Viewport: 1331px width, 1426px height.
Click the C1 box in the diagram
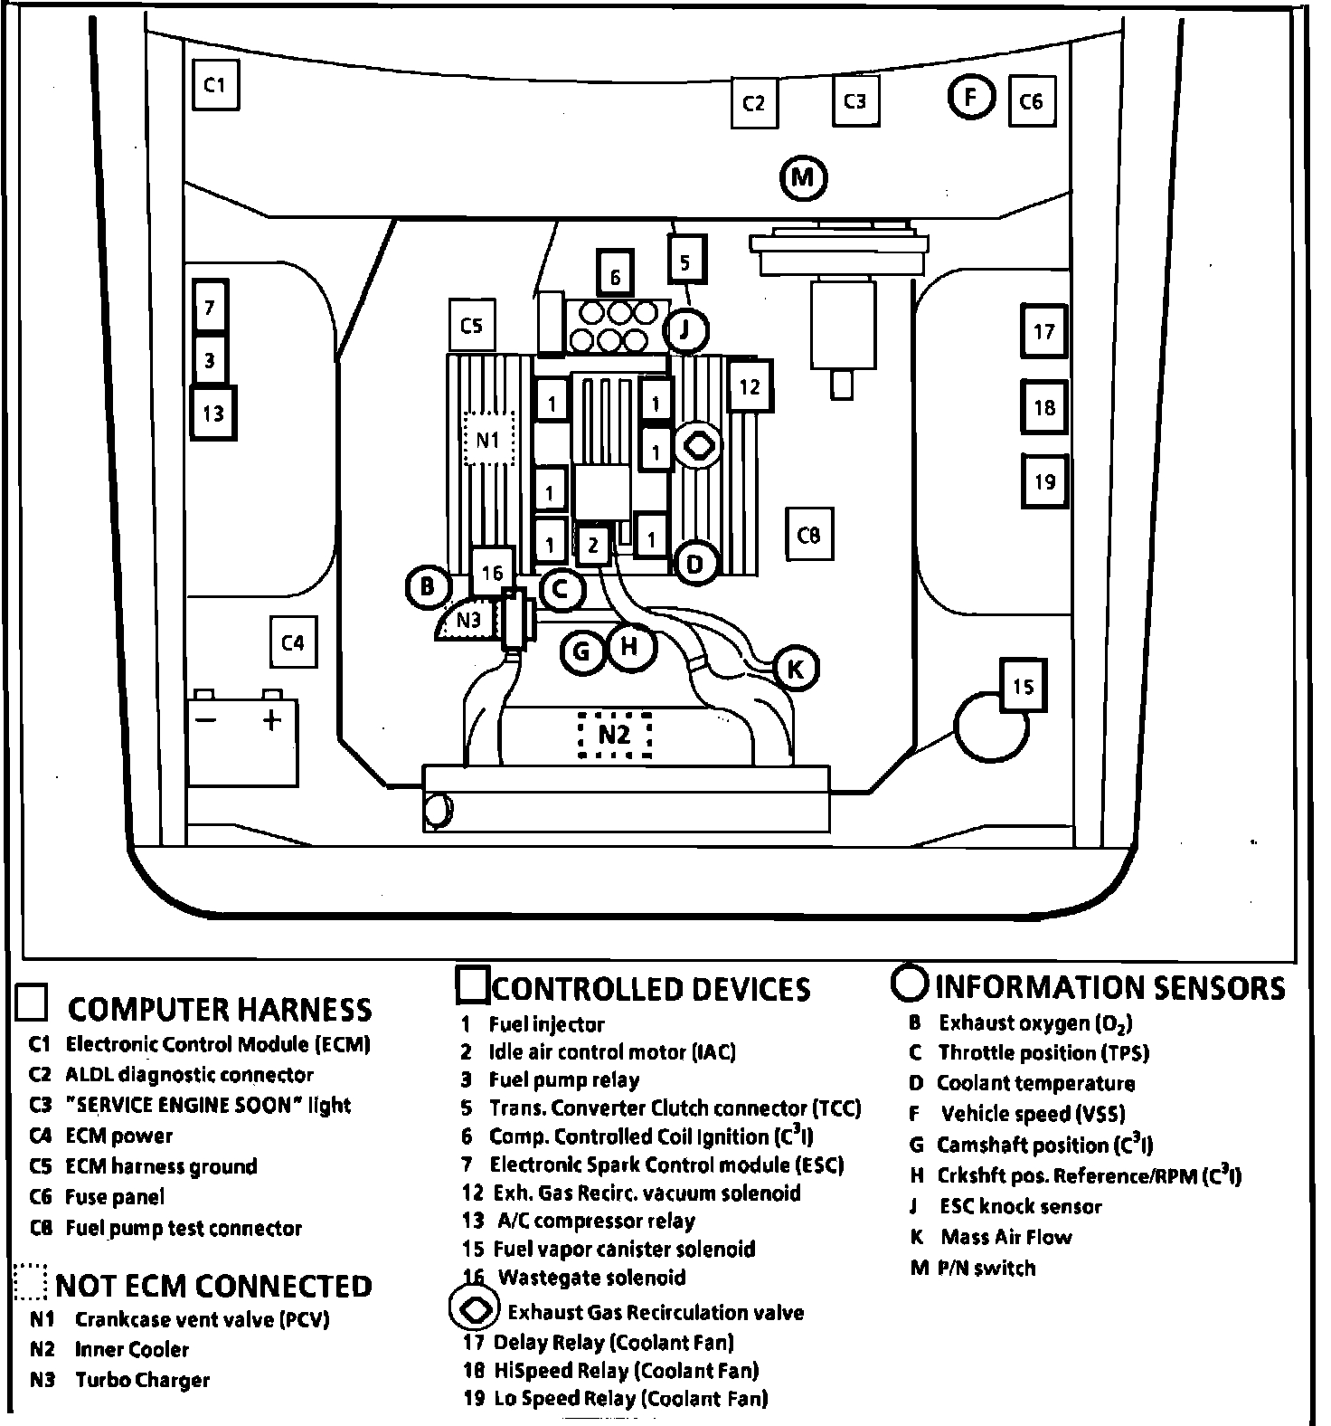pyautogui.click(x=215, y=85)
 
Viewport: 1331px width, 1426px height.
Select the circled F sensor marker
pyautogui.click(x=971, y=96)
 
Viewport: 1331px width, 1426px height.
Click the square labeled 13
pyautogui.click(x=213, y=414)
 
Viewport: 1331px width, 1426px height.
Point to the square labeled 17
pyautogui.click(x=1044, y=331)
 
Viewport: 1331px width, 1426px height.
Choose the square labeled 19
pyautogui.click(x=1044, y=480)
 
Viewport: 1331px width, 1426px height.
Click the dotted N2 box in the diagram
pyautogui.click(x=614, y=734)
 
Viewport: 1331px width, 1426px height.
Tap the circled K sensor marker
pyautogui.click(x=796, y=669)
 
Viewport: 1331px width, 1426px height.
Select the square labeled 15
pyautogui.click(x=1023, y=686)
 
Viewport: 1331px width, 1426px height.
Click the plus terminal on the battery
pyautogui.click(x=272, y=720)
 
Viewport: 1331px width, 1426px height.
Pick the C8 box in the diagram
pyautogui.click(x=809, y=535)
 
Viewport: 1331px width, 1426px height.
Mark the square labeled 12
pyautogui.click(x=750, y=387)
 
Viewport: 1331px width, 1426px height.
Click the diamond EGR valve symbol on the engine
pyautogui.click(x=699, y=445)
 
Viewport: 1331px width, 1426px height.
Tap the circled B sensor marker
pyautogui.click(x=427, y=587)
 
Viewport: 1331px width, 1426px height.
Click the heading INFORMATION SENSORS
pyautogui.click(x=1109, y=987)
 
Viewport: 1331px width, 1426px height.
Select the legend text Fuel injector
pyautogui.click(x=546, y=1024)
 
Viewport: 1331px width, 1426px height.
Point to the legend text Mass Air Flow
pyautogui.click(x=1005, y=1237)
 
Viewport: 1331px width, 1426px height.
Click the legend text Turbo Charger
pyautogui.click(x=142, y=1380)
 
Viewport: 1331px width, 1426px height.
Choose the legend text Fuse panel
pyautogui.click(x=115, y=1197)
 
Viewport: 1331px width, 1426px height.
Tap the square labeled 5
pyautogui.click(x=685, y=261)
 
